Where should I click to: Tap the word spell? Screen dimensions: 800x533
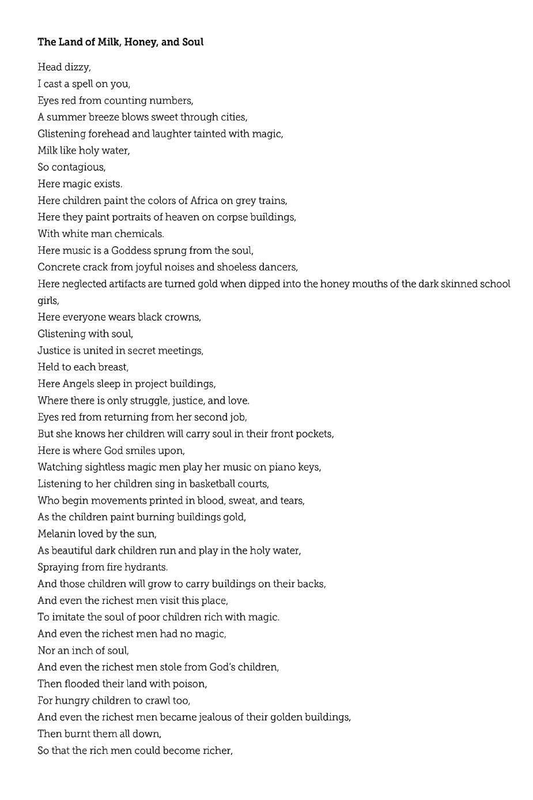tap(89, 84)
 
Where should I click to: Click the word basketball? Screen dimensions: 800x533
tap(213, 484)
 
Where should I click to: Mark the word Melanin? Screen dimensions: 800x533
tap(57, 534)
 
